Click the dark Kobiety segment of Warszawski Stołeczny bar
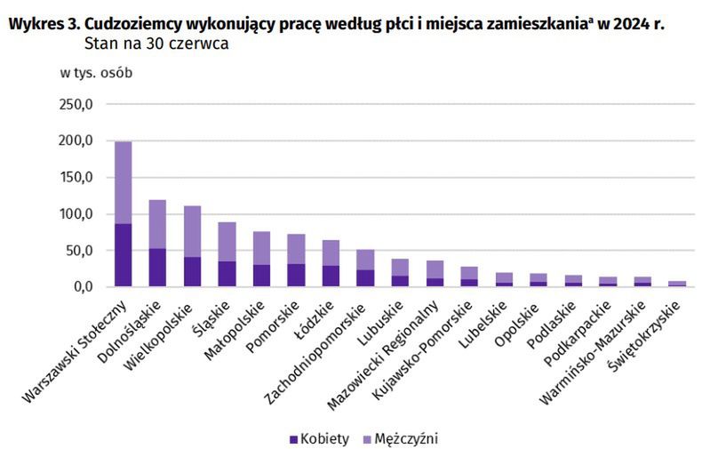[x=123, y=255]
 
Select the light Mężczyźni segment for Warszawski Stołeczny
[x=123, y=182]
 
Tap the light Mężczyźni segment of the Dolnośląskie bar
[x=157, y=224]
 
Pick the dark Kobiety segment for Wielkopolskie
[x=192, y=272]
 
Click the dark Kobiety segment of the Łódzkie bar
[x=331, y=276]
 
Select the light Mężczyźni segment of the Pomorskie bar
[x=296, y=249]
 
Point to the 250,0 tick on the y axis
[x=76, y=104]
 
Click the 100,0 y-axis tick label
[x=76, y=213]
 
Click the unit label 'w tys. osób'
[x=96, y=73]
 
